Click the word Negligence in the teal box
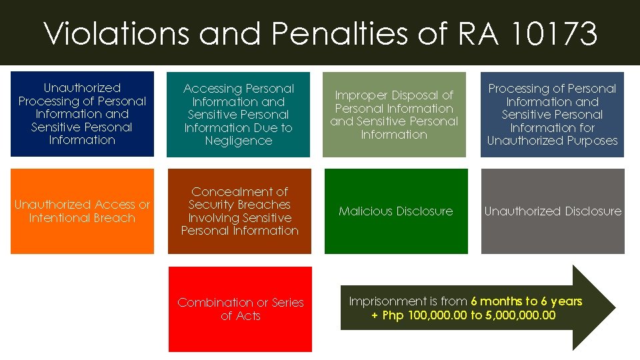pyautogui.click(x=239, y=141)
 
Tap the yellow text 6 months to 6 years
pyautogui.click(x=527, y=301)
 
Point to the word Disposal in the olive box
pyautogui.click(x=419, y=95)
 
